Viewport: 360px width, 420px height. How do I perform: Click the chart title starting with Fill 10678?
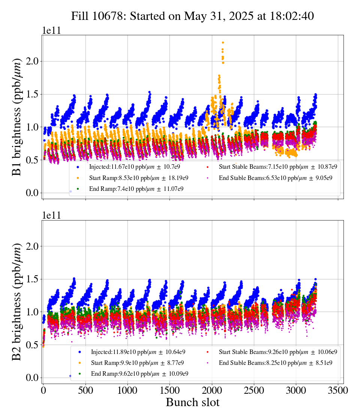click(x=192, y=16)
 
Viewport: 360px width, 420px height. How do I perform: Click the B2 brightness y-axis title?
click(x=17, y=301)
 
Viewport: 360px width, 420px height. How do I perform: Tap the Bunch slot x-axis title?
click(x=192, y=402)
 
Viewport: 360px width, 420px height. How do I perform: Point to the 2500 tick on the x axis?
click(x=254, y=390)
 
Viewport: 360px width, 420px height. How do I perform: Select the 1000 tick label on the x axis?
click(x=127, y=390)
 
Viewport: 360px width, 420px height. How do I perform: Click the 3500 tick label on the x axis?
click(x=338, y=390)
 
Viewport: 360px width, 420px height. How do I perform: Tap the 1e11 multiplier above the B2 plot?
click(x=51, y=215)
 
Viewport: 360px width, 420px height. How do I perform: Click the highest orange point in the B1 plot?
click(x=223, y=43)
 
